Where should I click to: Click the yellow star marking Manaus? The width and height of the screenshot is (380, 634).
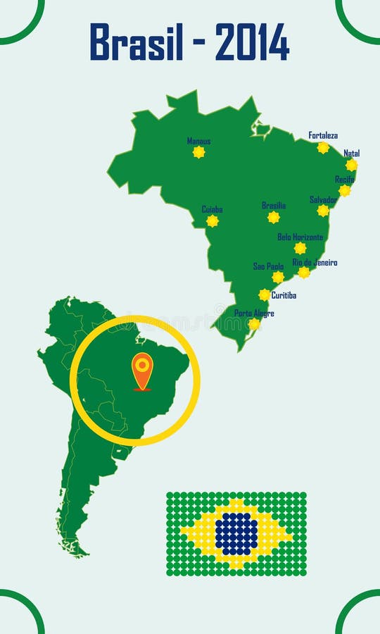[x=199, y=152]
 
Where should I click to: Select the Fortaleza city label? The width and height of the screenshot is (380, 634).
[x=323, y=135]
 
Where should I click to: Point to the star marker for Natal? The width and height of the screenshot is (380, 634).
[x=351, y=165]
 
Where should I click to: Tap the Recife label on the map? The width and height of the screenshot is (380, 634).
[x=345, y=180]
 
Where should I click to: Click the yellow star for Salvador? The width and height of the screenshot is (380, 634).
[x=323, y=211]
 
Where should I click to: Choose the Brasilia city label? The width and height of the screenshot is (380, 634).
[x=274, y=206]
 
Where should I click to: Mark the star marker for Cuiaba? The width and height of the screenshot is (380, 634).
[x=213, y=221]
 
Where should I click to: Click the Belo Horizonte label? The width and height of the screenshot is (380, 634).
[x=300, y=237]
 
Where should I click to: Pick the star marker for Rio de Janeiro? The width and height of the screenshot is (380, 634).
[x=304, y=273]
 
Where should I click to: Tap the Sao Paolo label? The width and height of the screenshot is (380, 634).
[x=268, y=266]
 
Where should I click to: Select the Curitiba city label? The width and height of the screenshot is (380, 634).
[x=284, y=295]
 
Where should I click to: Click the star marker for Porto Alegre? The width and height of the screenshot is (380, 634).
[x=254, y=324]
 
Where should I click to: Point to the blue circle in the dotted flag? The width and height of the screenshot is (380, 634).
[x=236, y=534]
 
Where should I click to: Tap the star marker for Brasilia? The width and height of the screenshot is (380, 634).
[x=274, y=218]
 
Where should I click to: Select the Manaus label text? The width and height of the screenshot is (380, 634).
[x=198, y=141]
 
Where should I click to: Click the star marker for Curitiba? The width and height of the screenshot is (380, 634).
[x=265, y=295]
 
